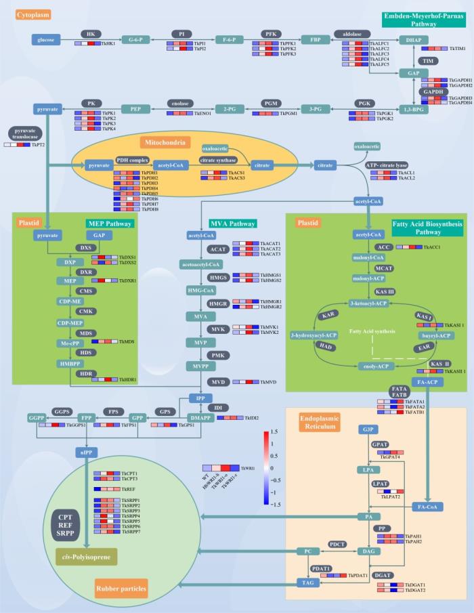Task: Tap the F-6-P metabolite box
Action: click(228, 40)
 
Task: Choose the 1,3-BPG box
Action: click(414, 109)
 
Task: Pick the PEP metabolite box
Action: click(135, 108)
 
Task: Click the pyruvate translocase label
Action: click(26, 133)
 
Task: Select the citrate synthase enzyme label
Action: click(217, 161)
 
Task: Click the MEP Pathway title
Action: click(110, 224)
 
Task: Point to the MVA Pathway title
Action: click(232, 224)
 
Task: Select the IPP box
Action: click(196, 398)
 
